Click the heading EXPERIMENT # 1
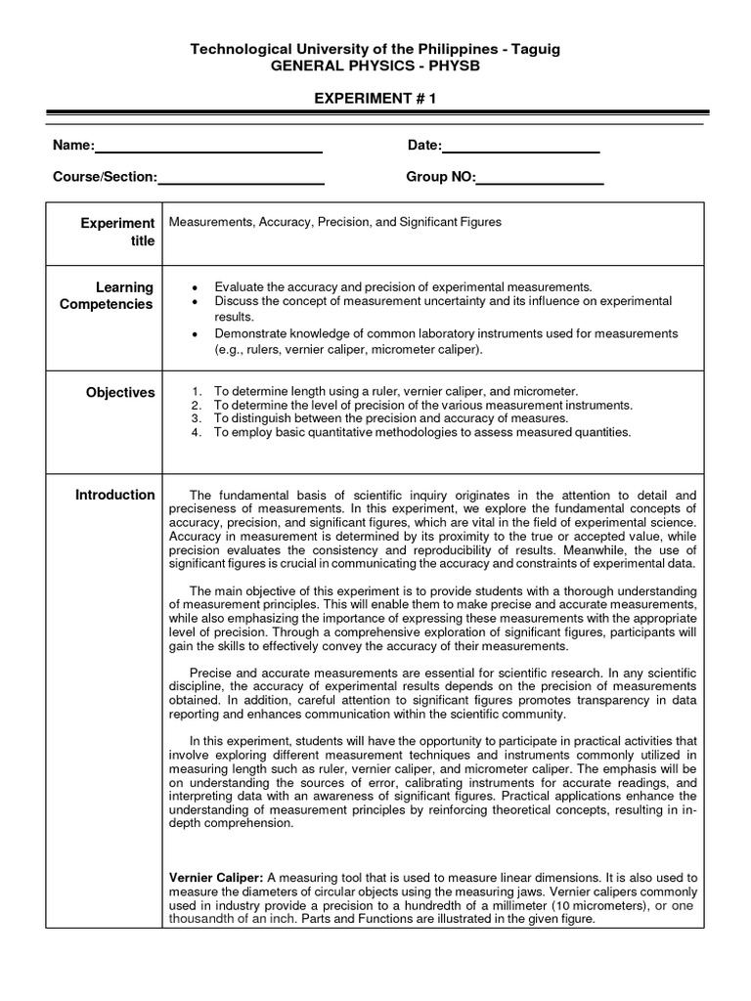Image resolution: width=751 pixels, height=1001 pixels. (375, 101)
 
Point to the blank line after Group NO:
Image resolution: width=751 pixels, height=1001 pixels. (540, 183)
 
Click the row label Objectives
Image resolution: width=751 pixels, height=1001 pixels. (119, 393)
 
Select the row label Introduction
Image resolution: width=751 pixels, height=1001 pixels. (115, 495)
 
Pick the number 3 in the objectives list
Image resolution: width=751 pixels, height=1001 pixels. (196, 418)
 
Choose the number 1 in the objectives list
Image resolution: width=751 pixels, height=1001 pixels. (196, 391)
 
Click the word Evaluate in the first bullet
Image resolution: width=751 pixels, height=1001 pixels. (239, 287)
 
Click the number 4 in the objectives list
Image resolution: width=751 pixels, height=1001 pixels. (196, 432)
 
